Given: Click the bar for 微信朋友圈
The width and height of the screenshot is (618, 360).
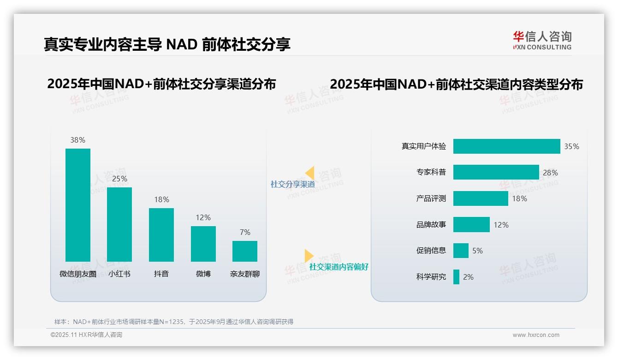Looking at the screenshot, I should (x=78, y=205).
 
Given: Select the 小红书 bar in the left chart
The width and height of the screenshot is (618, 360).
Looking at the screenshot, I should (x=119, y=224).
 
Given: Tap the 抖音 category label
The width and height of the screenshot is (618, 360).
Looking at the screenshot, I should (x=161, y=274).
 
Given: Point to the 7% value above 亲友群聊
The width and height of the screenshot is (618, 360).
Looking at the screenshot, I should (x=245, y=232).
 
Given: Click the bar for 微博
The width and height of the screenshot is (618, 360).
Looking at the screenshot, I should (x=203, y=244).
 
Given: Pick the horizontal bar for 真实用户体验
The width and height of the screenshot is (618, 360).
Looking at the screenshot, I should (x=506, y=146).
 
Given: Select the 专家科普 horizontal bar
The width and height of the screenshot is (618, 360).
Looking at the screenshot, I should (x=496, y=172).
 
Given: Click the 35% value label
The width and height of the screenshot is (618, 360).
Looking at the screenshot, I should (x=571, y=146).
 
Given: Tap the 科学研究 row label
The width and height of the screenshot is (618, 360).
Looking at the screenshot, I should (x=431, y=277).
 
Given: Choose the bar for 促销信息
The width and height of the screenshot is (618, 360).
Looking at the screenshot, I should (x=461, y=251).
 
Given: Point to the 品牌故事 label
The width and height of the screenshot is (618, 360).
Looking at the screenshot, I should (x=431, y=225).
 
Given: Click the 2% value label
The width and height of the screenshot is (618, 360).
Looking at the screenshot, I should (x=468, y=277).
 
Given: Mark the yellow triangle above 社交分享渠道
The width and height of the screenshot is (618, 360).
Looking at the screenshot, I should (x=310, y=173).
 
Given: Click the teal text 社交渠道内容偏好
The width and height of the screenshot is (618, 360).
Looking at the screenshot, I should (x=339, y=267).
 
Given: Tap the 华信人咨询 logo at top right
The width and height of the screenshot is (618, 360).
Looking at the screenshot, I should (x=542, y=40).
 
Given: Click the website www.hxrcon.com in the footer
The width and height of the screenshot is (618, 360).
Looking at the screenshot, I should (x=536, y=335).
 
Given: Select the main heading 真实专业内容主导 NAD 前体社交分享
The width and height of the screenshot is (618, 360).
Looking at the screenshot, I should (x=167, y=44).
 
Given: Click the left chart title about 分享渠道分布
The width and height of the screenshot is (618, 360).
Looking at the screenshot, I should (x=161, y=84).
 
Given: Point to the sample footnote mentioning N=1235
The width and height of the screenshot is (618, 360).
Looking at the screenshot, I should (x=174, y=322).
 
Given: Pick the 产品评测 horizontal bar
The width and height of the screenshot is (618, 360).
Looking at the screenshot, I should (x=481, y=198).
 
